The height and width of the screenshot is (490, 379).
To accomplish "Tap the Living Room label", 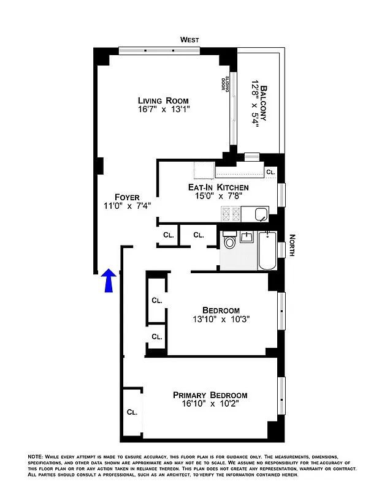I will pyautogui.click(x=163, y=100).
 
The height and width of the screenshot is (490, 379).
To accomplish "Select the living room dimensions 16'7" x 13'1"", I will pyautogui.click(x=163, y=110).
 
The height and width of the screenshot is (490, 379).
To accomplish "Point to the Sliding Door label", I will pyautogui.click(x=226, y=83).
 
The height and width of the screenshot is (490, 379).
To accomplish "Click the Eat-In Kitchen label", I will pyautogui.click(x=218, y=187).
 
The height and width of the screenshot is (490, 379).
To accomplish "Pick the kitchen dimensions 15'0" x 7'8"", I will pyautogui.click(x=218, y=197).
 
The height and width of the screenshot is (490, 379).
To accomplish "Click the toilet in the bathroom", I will pyautogui.click(x=230, y=242).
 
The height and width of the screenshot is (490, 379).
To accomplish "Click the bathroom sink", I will pyautogui.click(x=247, y=236).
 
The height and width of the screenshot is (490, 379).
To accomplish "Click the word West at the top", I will pyautogui.click(x=189, y=40).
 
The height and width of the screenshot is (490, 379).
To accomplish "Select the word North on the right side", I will pyautogui.click(x=293, y=246).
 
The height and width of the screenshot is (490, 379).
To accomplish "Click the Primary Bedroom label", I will pyautogui.click(x=210, y=395).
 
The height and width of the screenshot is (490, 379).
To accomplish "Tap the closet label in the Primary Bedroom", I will pyautogui.click(x=132, y=412).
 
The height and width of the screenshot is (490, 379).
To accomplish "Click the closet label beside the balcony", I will pyautogui.click(x=270, y=173).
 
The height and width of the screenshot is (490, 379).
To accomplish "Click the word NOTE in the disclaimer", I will pyautogui.click(x=36, y=457).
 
